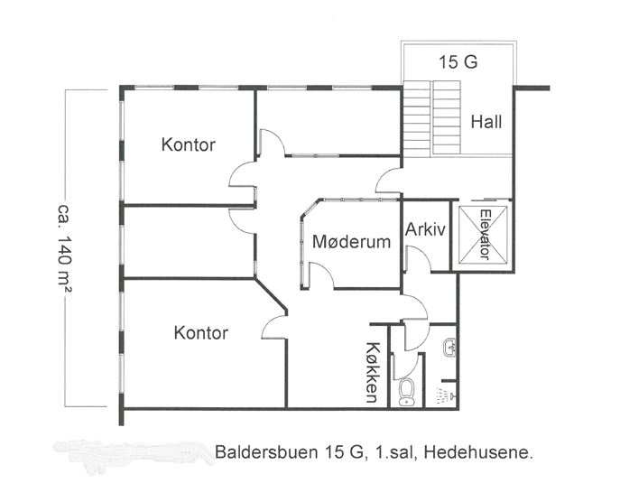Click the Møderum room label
click(352, 241)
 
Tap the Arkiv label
click(425, 229)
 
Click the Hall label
click(486, 122)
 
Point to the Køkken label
click(372, 372)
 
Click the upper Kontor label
click(189, 144)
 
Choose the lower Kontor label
click(201, 333)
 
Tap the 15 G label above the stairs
click(458, 62)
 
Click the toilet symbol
click(406, 393)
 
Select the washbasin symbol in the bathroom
click(449, 349)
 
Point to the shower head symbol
click(446, 395)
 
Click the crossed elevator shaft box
click(483, 234)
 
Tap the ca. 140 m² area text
click(64, 248)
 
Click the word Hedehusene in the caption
click(478, 452)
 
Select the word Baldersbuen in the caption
click(266, 452)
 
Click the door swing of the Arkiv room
click(419, 258)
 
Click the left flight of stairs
click(416, 119)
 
